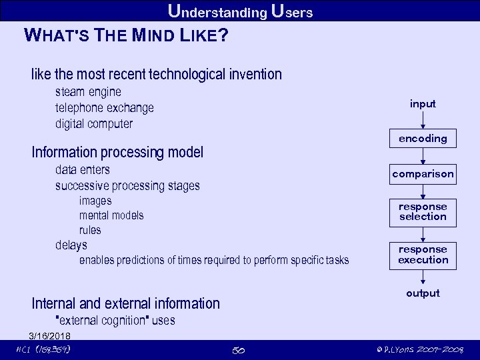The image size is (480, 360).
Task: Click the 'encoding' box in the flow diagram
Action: [x=423, y=139]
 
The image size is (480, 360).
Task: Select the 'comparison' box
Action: [x=423, y=174]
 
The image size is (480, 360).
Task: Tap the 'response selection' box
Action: [x=423, y=212]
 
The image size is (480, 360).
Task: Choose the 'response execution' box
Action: [x=423, y=255]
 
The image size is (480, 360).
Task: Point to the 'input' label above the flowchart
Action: [x=423, y=104]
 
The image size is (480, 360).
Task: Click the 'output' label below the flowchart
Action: [x=423, y=293]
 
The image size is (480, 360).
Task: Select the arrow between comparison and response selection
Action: [x=423, y=192]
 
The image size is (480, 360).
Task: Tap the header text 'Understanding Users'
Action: [x=240, y=11]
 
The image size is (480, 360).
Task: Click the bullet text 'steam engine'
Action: [x=88, y=91]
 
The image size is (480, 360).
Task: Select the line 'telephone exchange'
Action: [x=104, y=107]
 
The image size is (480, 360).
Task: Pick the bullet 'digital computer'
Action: [x=94, y=123]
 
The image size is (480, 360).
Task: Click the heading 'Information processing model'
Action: [x=117, y=153]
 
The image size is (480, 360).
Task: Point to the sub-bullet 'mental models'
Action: [x=111, y=215]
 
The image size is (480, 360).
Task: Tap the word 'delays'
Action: [x=71, y=245]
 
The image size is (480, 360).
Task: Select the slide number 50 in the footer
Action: [x=239, y=350]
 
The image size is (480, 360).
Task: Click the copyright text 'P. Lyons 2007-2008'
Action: [x=419, y=350]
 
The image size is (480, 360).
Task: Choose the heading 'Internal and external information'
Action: [x=125, y=303]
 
